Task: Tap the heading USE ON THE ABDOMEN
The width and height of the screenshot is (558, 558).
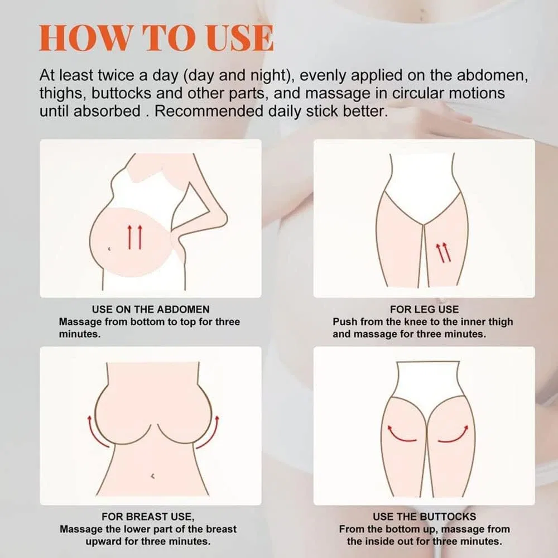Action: tap(151, 309)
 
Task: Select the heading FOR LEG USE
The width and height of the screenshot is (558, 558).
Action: tap(424, 309)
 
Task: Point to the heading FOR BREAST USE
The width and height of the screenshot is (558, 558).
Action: tap(148, 517)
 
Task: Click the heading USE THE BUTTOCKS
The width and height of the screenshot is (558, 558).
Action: tap(424, 516)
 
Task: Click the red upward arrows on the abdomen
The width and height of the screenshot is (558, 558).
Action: tap(135, 237)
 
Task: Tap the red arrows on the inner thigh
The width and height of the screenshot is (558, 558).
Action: tap(443, 252)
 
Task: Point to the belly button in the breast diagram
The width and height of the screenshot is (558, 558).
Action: tap(153, 475)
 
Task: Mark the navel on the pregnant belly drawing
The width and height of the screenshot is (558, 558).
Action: tap(109, 249)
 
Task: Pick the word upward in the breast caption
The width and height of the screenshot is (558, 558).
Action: tap(104, 542)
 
